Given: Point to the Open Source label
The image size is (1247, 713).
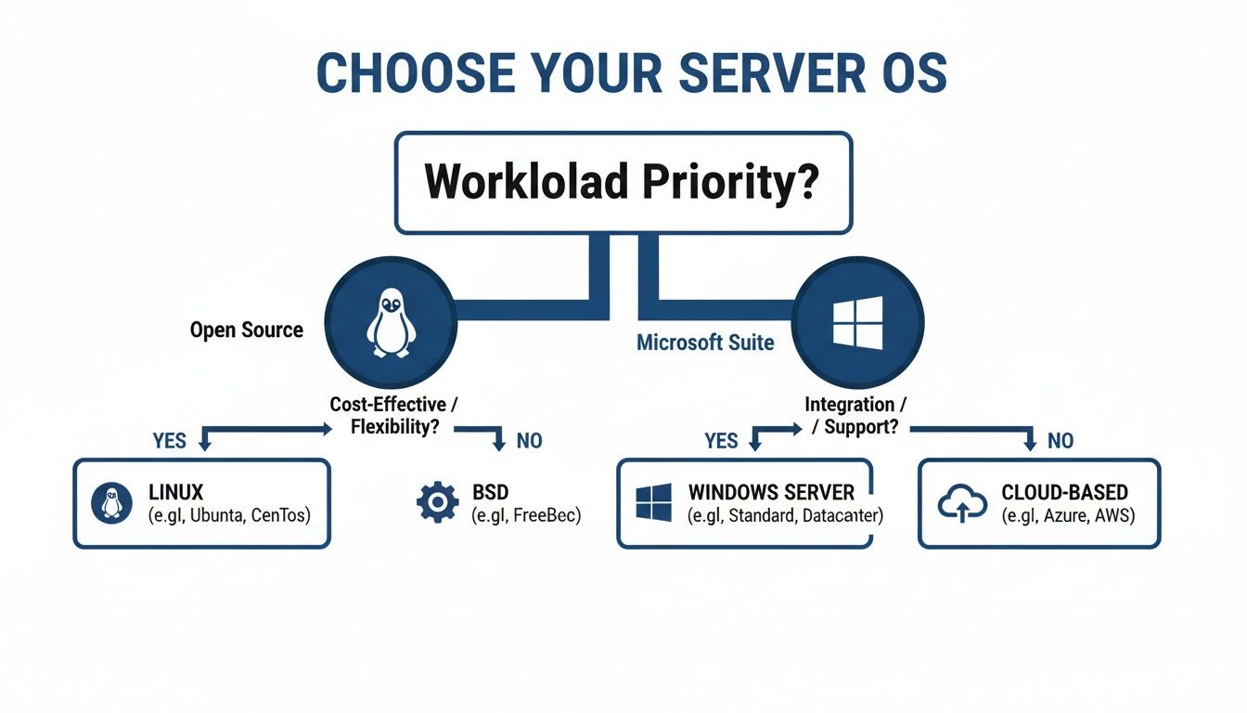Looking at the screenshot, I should [x=246, y=330].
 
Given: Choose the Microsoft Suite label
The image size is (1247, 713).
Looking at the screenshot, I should [x=705, y=343].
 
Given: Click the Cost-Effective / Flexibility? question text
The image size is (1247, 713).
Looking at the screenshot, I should [x=394, y=416].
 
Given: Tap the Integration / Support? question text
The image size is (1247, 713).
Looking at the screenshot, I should [x=855, y=416].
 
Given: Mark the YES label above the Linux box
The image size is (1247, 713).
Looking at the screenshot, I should [x=170, y=440].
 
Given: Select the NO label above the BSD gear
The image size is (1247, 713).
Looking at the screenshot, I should [x=529, y=440].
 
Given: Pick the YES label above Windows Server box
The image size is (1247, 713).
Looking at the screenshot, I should [x=721, y=440].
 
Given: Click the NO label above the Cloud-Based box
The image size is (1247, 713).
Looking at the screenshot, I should [x=1061, y=440].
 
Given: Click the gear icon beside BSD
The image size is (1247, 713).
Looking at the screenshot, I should [x=437, y=502].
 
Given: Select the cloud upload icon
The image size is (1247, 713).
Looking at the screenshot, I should [x=962, y=503].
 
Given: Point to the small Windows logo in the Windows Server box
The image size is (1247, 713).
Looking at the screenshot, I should [x=654, y=502].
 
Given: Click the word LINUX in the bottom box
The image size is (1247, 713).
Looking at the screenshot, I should [x=175, y=492].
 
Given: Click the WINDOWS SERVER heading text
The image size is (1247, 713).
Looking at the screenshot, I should [x=771, y=492].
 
